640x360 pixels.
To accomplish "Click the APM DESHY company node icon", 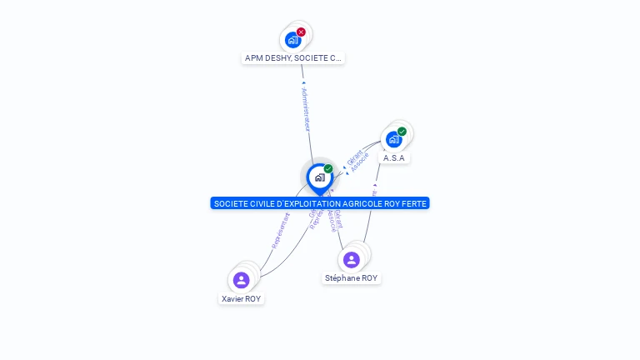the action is pos(292,39).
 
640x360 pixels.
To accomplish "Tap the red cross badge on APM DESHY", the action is pos(302,32).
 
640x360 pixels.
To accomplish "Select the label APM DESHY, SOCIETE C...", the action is pos(292,58).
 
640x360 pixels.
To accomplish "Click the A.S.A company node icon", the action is pos(393,139).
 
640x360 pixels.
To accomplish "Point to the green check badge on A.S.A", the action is pos(402,132).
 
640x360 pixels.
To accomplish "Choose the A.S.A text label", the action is pos(394,157).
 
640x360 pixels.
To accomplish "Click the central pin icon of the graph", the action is pos(319,177).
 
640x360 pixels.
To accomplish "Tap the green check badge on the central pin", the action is pos(328,169).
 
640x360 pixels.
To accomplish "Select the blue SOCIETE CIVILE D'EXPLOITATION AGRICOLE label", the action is pos(320,203).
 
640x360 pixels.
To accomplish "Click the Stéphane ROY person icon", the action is pos(352,259).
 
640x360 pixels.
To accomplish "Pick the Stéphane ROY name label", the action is pos(352,278).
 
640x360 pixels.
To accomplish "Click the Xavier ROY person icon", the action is pos(242,279).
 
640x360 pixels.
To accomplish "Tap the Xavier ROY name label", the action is pos(242,298).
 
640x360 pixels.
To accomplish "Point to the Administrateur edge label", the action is pos(306,108).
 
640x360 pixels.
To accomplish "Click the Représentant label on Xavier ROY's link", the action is pos(281,230).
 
